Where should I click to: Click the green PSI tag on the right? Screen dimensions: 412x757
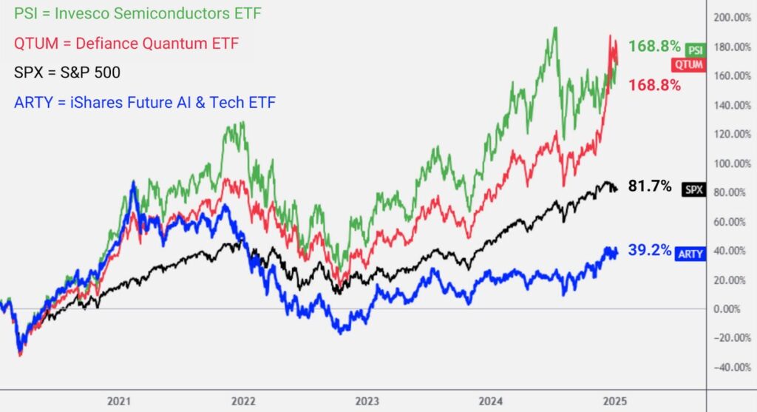tap(695, 50)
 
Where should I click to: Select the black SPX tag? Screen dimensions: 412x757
tap(694, 189)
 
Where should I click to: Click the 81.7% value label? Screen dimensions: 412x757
tap(650, 186)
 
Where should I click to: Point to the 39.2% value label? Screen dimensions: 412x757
tap(650, 251)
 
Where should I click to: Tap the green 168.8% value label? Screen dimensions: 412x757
tap(654, 47)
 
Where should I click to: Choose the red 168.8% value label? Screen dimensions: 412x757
tap(654, 85)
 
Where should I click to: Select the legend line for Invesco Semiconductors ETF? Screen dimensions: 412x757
tap(138, 13)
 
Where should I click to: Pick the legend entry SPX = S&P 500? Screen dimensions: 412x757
tap(67, 72)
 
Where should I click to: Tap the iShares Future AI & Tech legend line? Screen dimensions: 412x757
tap(145, 102)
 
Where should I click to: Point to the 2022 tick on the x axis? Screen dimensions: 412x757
tap(243, 401)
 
